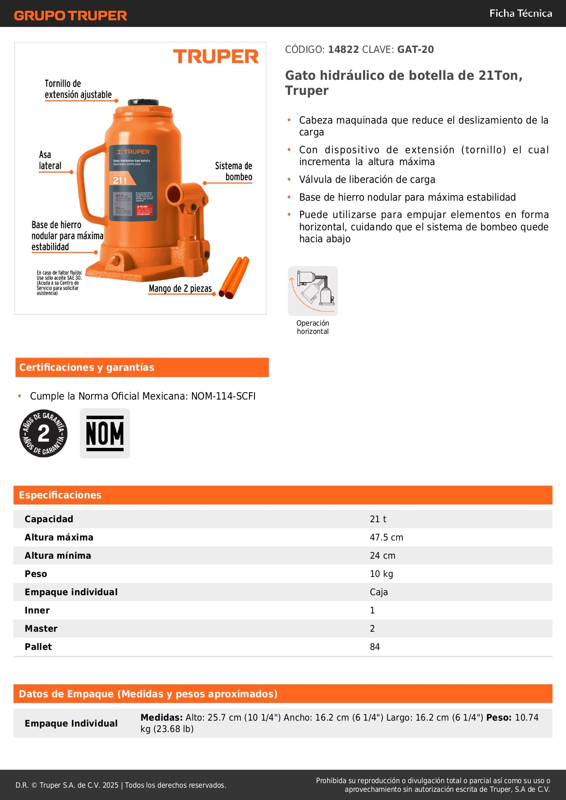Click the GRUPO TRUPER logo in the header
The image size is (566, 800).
[x=70, y=16]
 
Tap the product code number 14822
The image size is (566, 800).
[x=343, y=50]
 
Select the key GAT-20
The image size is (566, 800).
[x=415, y=50]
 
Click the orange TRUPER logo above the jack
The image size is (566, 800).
[x=216, y=57]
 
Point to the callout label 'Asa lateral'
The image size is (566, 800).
[x=50, y=160]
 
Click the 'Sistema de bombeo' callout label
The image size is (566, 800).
[x=234, y=171]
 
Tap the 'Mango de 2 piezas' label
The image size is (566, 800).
[x=180, y=289]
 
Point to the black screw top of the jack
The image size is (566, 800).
[x=143, y=102]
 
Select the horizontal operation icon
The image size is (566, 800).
[x=313, y=291]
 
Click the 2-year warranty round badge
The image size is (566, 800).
[x=43, y=433]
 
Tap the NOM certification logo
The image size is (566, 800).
[x=105, y=433]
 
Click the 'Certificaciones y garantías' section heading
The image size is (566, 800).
[x=87, y=368]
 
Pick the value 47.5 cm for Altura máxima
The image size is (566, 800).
[x=386, y=537]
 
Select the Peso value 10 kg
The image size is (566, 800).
[x=381, y=574]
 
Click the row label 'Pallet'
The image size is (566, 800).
[x=38, y=647]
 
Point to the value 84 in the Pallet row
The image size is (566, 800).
[x=375, y=647]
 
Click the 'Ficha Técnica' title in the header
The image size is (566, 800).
[x=520, y=14]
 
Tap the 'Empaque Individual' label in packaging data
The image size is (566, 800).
[x=71, y=723]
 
